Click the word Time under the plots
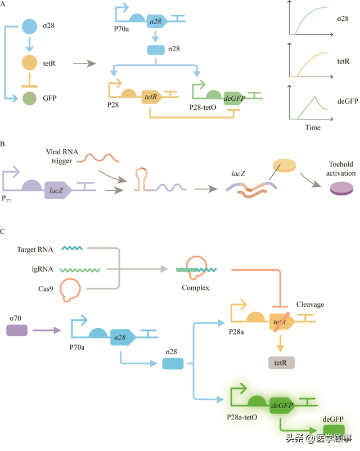313,128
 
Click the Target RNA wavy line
73,248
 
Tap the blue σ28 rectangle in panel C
173,364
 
